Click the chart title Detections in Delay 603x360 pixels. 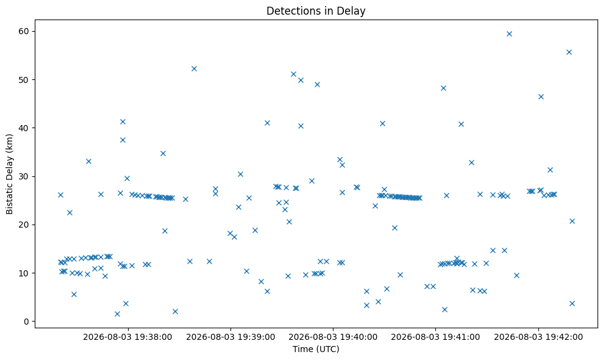pos(316,11)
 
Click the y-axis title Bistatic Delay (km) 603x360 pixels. pos(9,174)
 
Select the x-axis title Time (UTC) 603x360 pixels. pos(316,349)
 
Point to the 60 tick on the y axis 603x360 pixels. pos(24,31)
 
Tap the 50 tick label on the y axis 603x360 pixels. pos(24,80)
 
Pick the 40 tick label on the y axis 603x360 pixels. pos(24,128)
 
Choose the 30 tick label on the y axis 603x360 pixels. pos(24,176)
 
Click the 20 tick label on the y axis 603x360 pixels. pos(24,225)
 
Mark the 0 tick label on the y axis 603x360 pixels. pos(27,322)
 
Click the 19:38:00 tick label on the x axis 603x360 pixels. pos(127,337)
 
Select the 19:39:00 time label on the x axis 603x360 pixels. pos(230,337)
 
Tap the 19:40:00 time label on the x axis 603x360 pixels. pos(333,337)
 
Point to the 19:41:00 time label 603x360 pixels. pos(435,337)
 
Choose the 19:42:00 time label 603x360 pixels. pos(538,337)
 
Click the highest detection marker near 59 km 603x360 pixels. pos(509,34)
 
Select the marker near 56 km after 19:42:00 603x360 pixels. pos(569,52)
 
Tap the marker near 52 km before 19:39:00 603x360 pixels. pos(194,68)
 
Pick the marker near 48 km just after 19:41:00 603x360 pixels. pos(443,88)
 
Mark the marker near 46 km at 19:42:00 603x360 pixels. pos(541,96)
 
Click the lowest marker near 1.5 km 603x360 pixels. pos(117,314)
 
